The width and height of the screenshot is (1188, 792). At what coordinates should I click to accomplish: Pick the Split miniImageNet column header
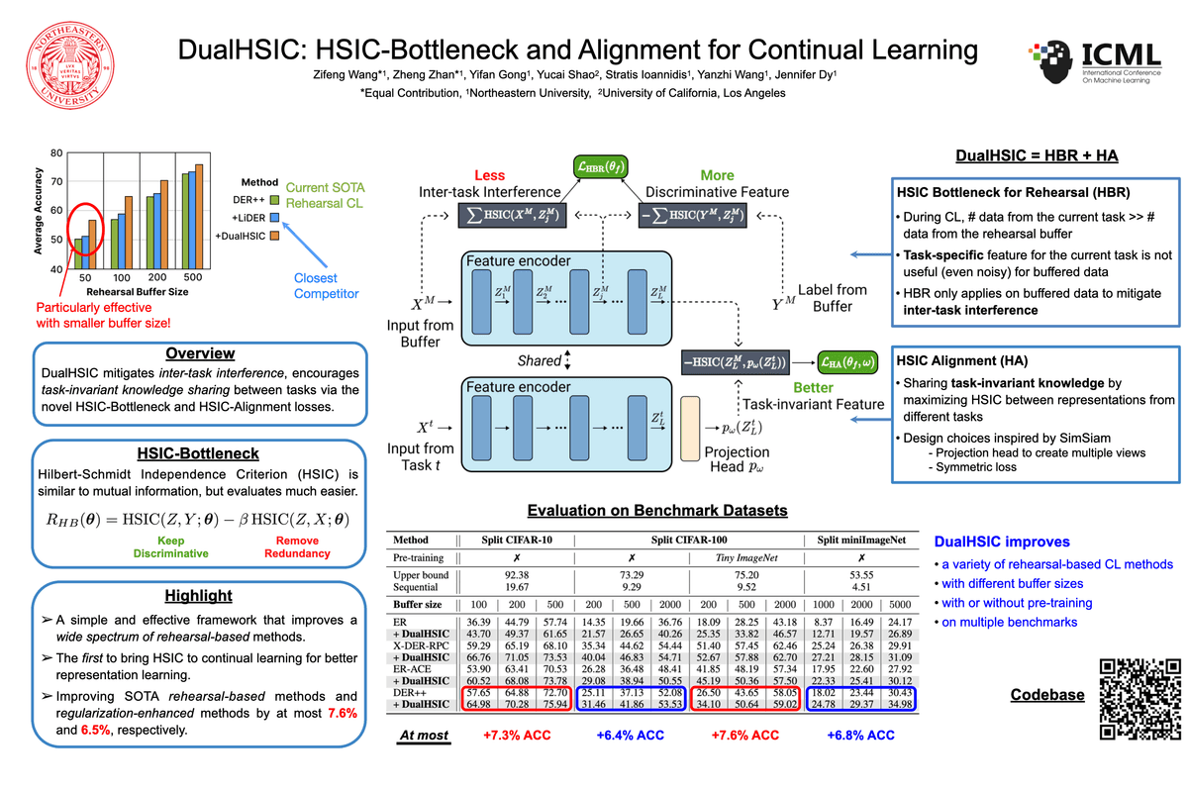click(x=861, y=542)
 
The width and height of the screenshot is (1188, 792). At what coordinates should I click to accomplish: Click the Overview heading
click(x=200, y=353)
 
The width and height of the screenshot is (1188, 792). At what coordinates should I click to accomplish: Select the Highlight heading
click(x=200, y=595)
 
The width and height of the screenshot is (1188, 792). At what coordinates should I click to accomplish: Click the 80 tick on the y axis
click(x=56, y=153)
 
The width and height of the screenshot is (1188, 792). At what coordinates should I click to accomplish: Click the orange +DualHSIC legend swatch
click(x=277, y=236)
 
